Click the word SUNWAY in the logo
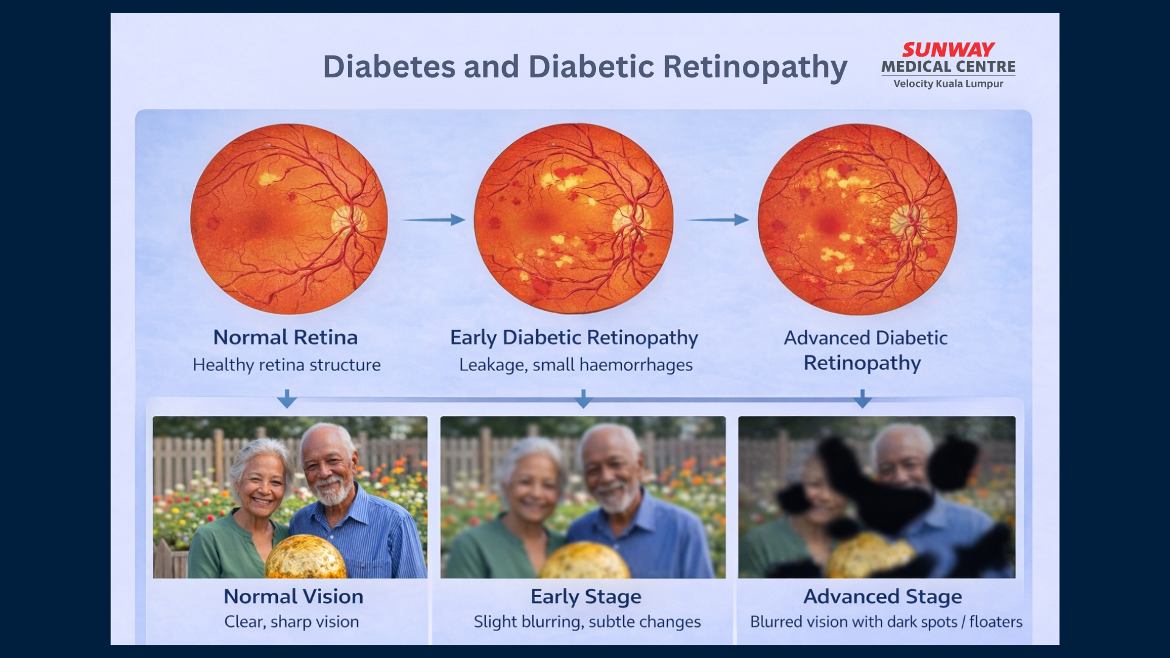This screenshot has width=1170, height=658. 948,49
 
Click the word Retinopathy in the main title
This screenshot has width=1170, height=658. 755,67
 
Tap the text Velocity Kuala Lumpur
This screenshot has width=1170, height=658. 948,83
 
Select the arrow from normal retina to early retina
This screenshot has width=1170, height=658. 433,219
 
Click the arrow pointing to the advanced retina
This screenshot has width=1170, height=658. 717,219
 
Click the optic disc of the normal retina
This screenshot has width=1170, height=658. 347,221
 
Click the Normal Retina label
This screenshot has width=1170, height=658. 285,337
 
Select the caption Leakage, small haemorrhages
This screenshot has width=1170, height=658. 576,365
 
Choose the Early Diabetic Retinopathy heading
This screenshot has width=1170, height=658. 574,338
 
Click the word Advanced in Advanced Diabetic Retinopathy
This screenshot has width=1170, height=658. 826,338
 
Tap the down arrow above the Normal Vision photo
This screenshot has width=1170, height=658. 287,399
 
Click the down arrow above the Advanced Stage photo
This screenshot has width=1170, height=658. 862,399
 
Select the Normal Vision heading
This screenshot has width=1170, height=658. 293,596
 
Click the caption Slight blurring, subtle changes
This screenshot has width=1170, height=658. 587,622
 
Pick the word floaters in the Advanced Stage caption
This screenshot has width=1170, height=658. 996,621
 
